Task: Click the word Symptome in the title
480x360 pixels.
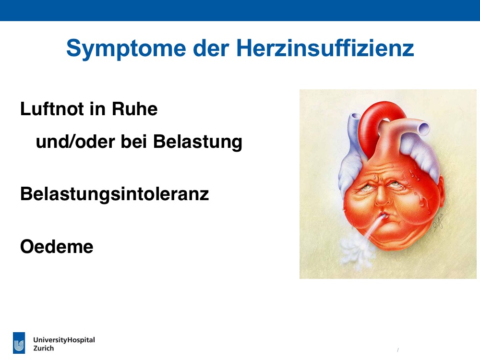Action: (126, 49)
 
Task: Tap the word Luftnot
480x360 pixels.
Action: (52, 108)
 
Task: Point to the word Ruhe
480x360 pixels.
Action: (135, 108)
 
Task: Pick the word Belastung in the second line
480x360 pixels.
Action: (198, 143)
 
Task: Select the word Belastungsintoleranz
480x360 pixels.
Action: (115, 194)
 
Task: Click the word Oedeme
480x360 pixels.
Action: (57, 247)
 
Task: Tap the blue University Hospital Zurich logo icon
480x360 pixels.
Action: (19, 343)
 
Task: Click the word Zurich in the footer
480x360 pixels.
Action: (44, 348)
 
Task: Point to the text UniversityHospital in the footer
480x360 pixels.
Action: (64, 340)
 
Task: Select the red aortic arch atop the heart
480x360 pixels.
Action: (380, 122)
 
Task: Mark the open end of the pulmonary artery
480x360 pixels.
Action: (424, 129)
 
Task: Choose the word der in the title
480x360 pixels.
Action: (211, 48)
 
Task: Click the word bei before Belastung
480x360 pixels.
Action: (134, 142)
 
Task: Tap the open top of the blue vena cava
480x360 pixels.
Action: (355, 117)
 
